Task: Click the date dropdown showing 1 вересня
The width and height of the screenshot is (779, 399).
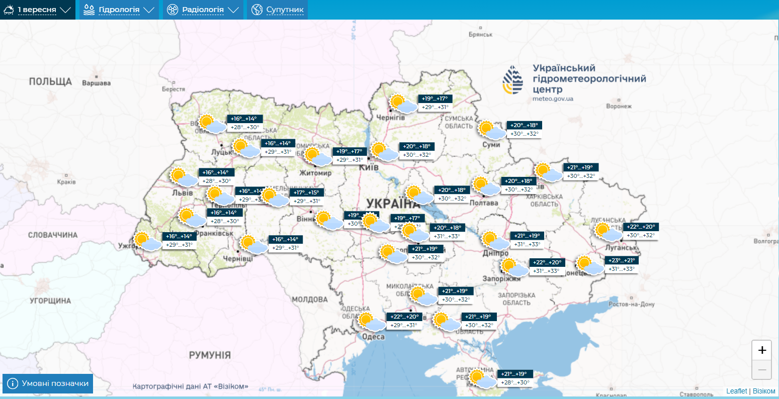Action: pos(37,10)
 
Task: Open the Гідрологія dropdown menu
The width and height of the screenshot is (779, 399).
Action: pos(119,10)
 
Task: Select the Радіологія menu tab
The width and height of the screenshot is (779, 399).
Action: pos(203,10)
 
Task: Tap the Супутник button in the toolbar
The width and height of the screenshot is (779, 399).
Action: pos(277,10)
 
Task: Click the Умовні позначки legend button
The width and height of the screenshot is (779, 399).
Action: pos(48,383)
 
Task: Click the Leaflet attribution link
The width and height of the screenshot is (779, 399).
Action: pos(736,391)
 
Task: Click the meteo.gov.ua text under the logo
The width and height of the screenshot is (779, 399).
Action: pos(553,99)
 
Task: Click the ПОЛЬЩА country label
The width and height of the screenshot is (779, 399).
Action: pos(50,81)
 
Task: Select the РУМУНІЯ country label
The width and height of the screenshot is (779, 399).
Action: pos(210,355)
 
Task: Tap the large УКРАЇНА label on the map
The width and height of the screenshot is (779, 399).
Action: pos(392,204)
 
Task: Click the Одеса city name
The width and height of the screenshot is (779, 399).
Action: pos(373,337)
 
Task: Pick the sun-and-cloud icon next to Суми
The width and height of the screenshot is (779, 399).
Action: pos(491,130)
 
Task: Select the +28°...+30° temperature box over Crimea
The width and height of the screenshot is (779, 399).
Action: pos(515,382)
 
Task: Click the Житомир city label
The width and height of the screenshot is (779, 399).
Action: pos(315,173)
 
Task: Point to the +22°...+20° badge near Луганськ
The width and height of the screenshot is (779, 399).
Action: pos(641,227)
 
